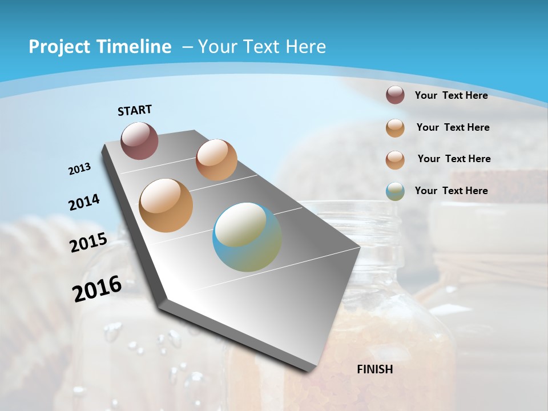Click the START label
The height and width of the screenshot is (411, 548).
[135, 110]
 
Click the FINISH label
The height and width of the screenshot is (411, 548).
[374, 369]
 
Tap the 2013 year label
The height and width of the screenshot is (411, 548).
[80, 169]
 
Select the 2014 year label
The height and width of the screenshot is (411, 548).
[84, 202]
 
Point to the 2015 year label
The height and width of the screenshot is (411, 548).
[88, 243]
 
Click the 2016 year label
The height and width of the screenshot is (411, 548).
[97, 288]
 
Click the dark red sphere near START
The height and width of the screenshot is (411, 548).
[139, 140]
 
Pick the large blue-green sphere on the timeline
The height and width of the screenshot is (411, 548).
[247, 237]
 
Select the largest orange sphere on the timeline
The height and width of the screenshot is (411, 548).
[166, 205]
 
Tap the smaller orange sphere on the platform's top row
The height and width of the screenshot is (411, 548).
[216, 160]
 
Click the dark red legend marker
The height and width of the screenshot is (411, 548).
[395, 95]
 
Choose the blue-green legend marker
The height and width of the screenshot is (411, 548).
[395, 191]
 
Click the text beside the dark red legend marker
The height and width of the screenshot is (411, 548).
[451, 95]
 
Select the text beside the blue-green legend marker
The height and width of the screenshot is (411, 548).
[451, 191]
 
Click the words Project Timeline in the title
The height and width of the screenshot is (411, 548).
[100, 47]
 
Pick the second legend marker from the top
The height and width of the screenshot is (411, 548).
[395, 128]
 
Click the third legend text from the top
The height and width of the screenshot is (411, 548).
[454, 159]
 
